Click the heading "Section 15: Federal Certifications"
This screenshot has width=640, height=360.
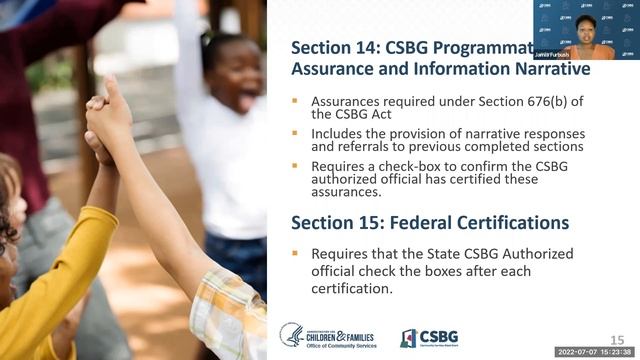430,222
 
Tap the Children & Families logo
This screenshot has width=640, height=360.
331,337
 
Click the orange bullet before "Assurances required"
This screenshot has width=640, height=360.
295,101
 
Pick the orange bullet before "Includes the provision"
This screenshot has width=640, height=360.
295,133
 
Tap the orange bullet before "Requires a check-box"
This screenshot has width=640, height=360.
295,165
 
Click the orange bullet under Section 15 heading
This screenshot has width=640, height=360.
295,253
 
